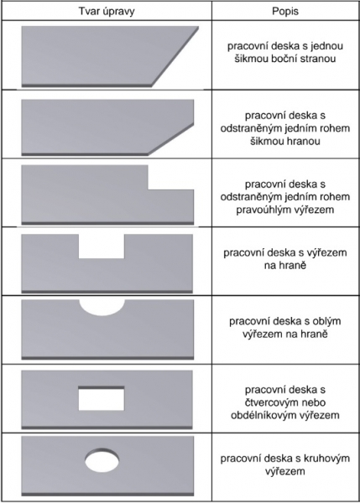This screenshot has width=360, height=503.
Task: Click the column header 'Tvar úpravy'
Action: point(107,11)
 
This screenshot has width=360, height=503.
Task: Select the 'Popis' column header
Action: point(285,11)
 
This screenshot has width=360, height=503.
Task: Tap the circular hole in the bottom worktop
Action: point(102,460)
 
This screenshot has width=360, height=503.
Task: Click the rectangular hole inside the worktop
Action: point(102,398)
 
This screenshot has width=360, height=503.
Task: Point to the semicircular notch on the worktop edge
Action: point(102,308)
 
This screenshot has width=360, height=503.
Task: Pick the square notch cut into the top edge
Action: point(102,246)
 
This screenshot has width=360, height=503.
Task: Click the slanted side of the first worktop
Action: point(175,57)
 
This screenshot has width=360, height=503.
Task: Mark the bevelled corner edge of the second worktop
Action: point(171,139)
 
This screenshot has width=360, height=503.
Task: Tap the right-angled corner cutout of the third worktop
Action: point(171,178)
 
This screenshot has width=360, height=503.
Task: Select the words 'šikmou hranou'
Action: point(285,141)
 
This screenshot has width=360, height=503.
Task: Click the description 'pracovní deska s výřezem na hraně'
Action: point(285,259)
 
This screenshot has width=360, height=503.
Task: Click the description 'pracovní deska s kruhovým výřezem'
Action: point(285,464)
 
